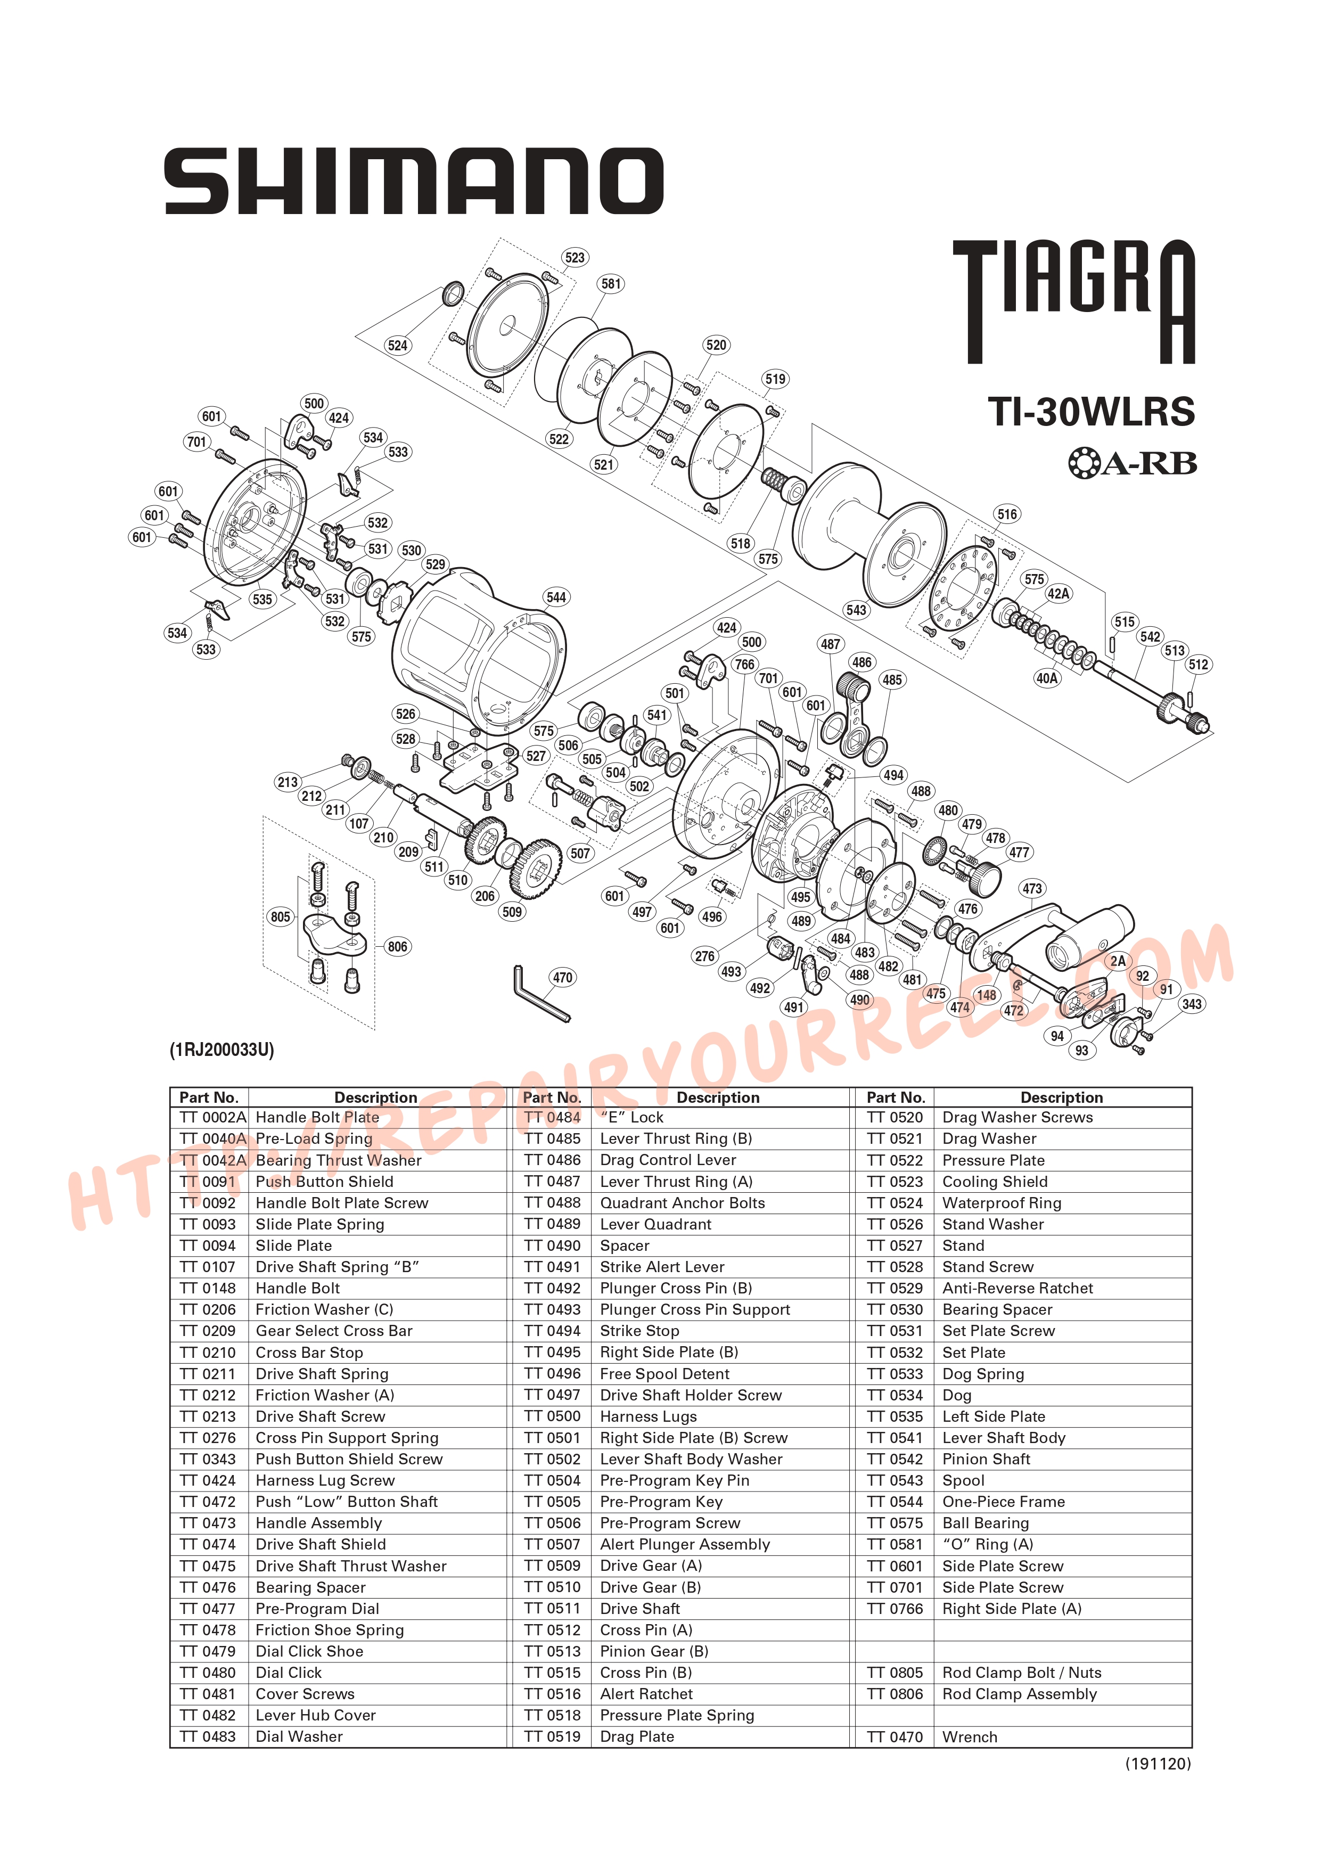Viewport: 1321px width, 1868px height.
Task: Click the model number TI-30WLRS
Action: [x=1091, y=412]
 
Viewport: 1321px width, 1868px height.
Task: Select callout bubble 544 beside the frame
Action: [x=556, y=597]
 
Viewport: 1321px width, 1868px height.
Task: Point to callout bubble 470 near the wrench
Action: [x=562, y=977]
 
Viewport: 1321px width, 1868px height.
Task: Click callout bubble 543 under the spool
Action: [x=856, y=609]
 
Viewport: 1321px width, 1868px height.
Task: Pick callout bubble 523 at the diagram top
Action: [x=575, y=257]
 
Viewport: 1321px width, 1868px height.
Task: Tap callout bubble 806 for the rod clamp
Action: [x=397, y=946]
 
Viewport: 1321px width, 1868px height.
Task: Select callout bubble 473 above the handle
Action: [x=1031, y=888]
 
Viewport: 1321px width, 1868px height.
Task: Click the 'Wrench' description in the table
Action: [x=969, y=1736]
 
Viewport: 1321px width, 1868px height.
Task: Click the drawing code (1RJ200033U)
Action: [x=221, y=1050]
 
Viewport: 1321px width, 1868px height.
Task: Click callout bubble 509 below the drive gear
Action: [x=512, y=911]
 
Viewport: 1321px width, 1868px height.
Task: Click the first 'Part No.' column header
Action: [x=209, y=1097]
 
